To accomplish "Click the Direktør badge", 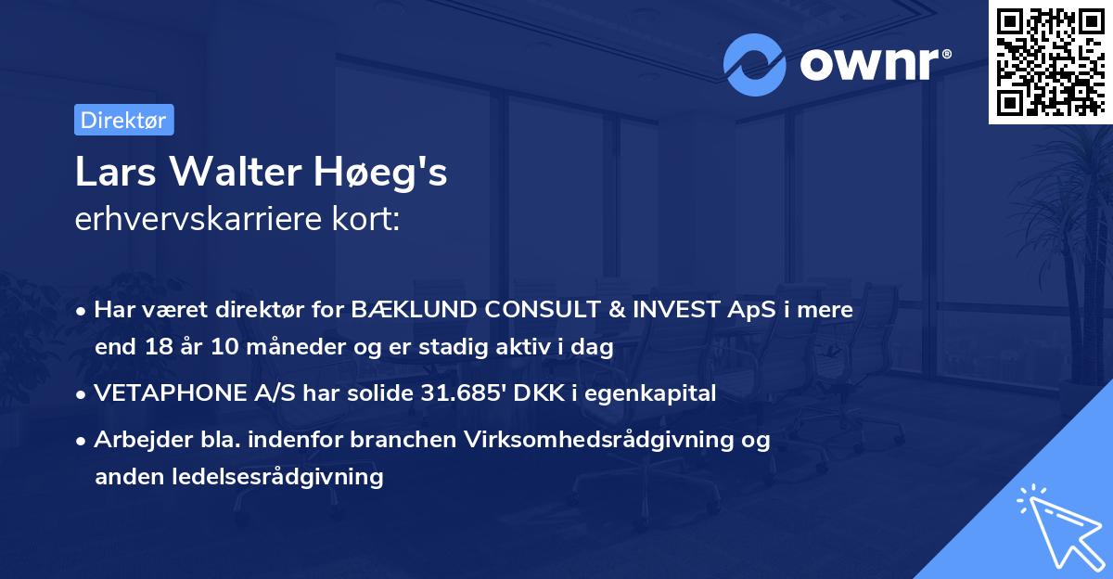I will tap(123, 120).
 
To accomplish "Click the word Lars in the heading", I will tap(110, 174).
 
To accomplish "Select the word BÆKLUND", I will tap(404, 310).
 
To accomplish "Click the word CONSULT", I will tap(519, 310).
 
